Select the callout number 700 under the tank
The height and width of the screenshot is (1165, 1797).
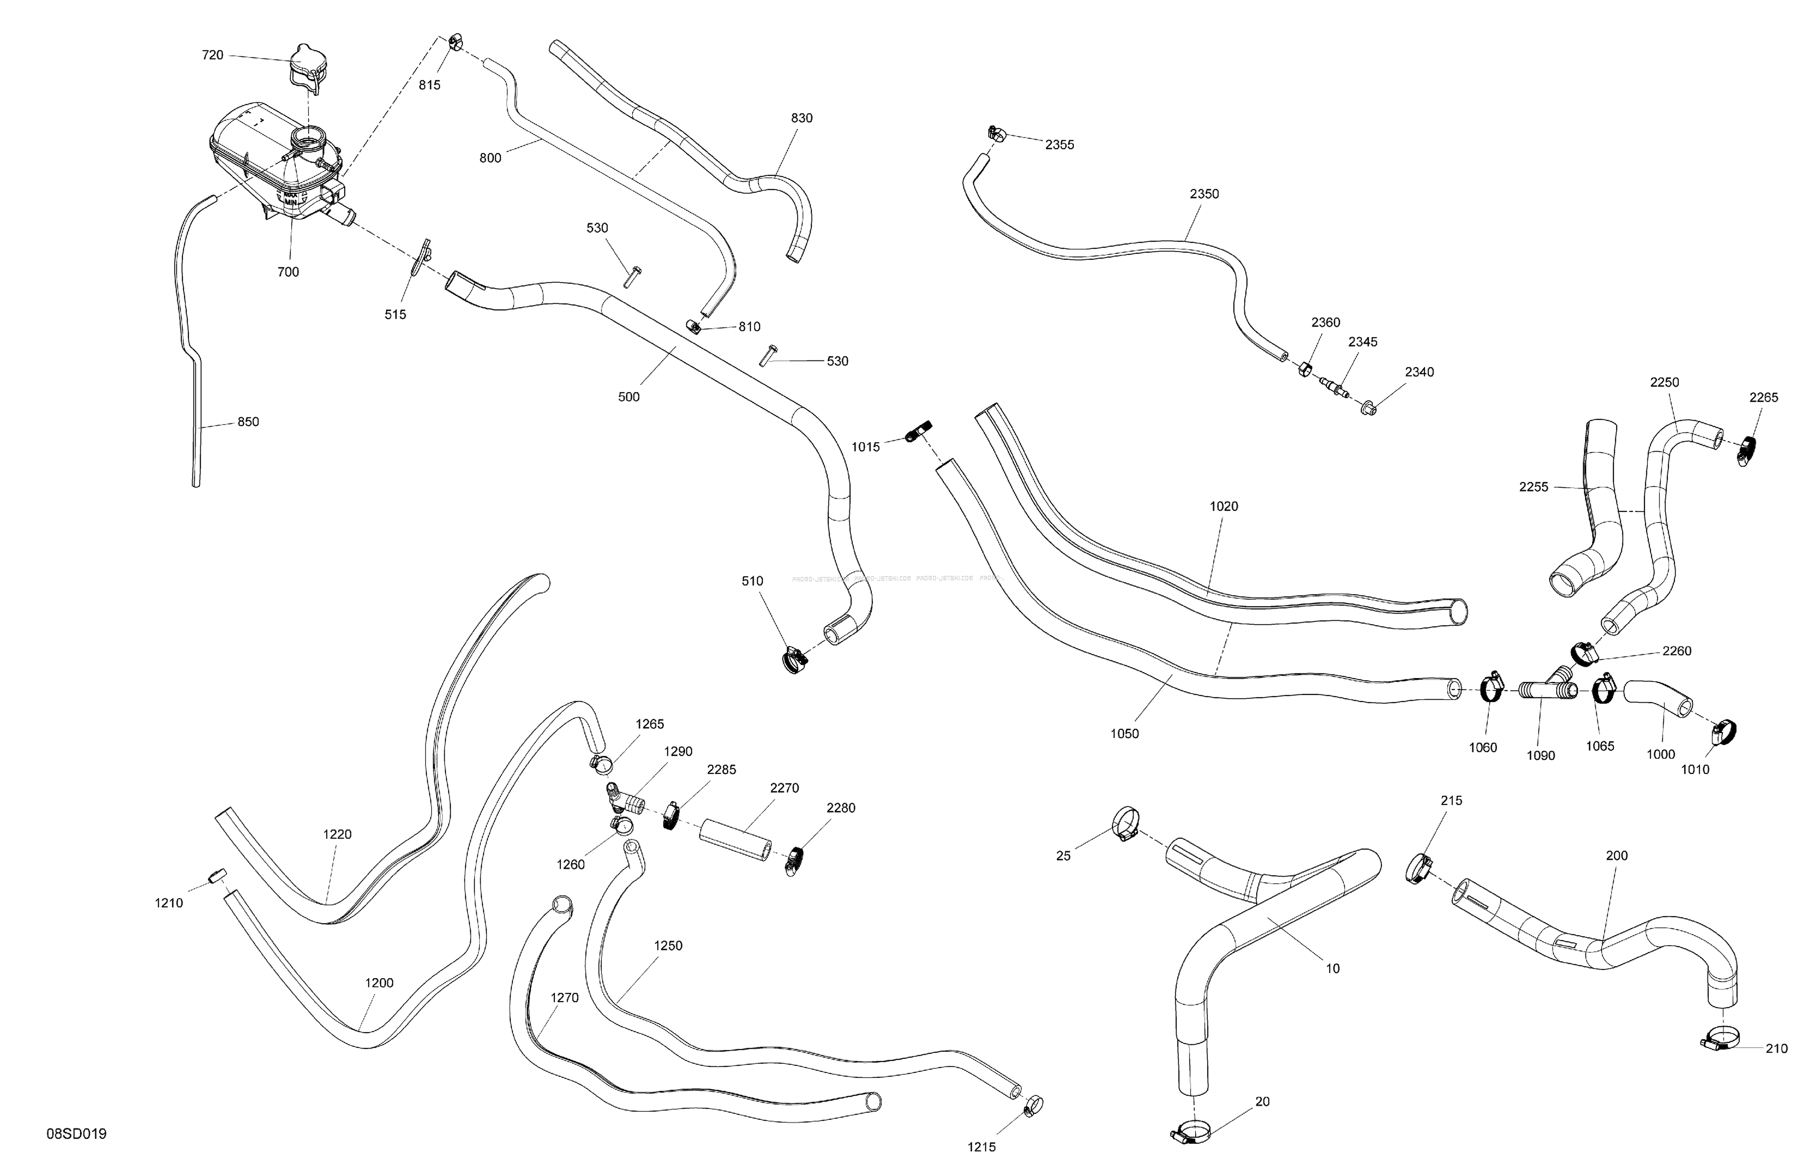[288, 272]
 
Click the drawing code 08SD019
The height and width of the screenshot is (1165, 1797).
[76, 1133]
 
